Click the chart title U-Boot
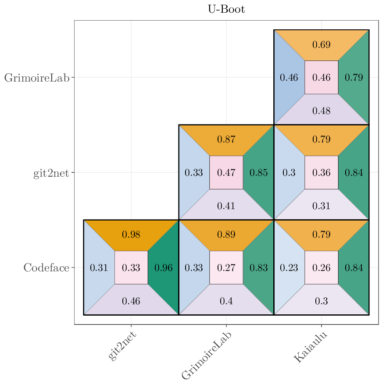pyautogui.click(x=226, y=9)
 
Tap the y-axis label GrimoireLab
pyautogui.click(x=37, y=78)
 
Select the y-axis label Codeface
pyautogui.click(x=46, y=268)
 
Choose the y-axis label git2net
pyautogui.click(x=51, y=173)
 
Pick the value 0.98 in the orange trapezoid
pyautogui.click(x=131, y=235)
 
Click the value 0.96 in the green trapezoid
pyautogui.click(x=164, y=267)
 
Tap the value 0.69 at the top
pyautogui.click(x=322, y=45)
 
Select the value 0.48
pyautogui.click(x=322, y=111)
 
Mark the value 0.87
pyautogui.click(x=226, y=140)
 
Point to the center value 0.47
pyautogui.click(x=226, y=173)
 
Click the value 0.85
pyautogui.click(x=259, y=173)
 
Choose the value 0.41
pyautogui.click(x=226, y=206)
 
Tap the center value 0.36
pyautogui.click(x=322, y=173)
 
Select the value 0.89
pyautogui.click(x=226, y=235)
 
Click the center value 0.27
pyautogui.click(x=226, y=267)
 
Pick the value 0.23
pyautogui.click(x=289, y=267)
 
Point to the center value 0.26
pyautogui.click(x=322, y=267)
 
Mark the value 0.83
pyautogui.click(x=259, y=267)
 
